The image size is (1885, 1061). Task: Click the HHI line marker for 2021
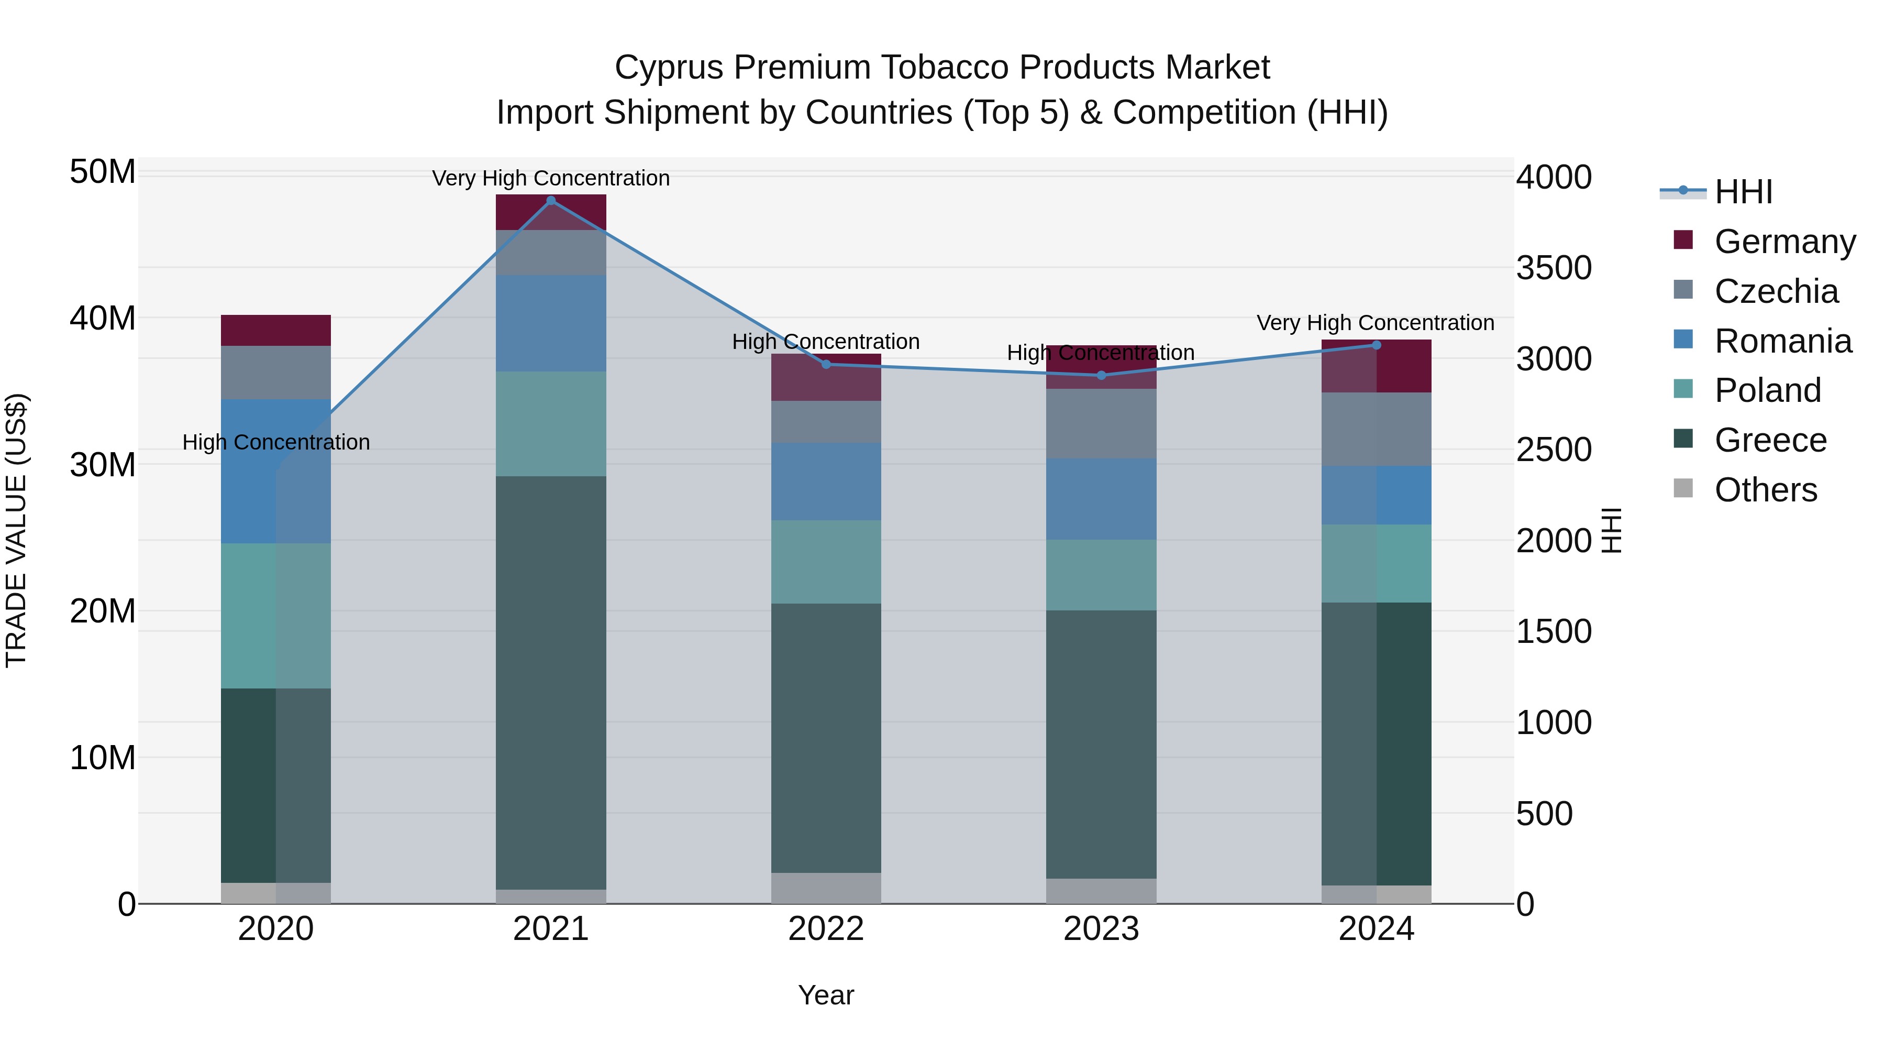[551, 201]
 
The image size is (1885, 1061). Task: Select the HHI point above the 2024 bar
[1376, 345]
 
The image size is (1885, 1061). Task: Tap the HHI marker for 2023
[1101, 376]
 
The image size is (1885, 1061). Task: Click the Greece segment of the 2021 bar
[551, 681]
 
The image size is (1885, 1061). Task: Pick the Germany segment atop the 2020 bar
[276, 330]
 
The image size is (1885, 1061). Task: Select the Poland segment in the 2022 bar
[826, 562]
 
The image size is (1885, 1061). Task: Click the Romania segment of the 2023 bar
[1101, 499]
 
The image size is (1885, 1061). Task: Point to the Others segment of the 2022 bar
[826, 888]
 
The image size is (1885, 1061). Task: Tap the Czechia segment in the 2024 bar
[1376, 429]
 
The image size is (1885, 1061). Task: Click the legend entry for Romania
[1782, 341]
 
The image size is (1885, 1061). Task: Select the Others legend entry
[1765, 490]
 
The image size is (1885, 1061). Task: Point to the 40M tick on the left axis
[103, 319]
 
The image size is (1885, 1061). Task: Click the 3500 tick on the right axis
[1553, 268]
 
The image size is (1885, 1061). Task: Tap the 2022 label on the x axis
[826, 929]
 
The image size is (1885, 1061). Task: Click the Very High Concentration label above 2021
[551, 178]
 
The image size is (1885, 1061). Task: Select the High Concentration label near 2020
[276, 442]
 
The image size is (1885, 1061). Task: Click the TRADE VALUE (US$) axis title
[16, 530]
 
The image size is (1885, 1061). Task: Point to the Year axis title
[826, 995]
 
